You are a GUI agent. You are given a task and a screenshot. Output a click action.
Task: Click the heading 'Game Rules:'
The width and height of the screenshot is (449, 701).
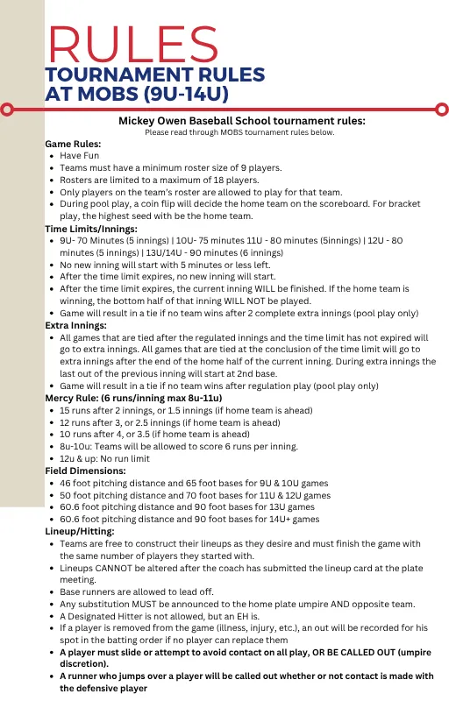tap(73, 144)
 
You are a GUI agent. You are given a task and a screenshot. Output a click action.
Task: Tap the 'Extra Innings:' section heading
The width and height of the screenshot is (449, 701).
tap(78, 324)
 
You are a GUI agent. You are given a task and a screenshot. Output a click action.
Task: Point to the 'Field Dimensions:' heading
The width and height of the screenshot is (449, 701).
tap(85, 470)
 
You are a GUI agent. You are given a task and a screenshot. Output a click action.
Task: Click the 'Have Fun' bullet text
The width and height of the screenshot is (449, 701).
tap(79, 155)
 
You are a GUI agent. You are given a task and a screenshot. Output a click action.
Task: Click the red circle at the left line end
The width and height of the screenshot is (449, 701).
tap(6, 110)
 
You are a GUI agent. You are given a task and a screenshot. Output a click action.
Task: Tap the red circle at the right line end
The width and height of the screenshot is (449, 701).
tap(443, 110)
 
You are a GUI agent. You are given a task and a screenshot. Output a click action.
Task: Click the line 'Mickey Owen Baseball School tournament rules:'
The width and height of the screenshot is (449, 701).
tap(241, 121)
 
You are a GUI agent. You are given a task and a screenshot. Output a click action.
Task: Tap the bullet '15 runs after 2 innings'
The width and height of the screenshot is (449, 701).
tap(189, 409)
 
